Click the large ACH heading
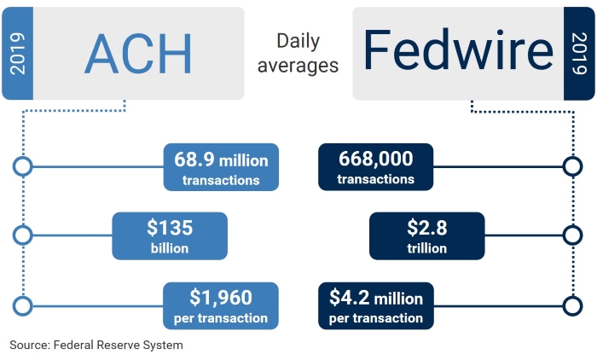click(x=138, y=54)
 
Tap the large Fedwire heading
click(x=458, y=49)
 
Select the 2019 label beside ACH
click(x=18, y=54)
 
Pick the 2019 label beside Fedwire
click(x=579, y=54)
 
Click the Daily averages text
click(x=298, y=54)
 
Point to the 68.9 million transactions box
click(x=221, y=167)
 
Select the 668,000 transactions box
click(x=376, y=167)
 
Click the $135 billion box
click(x=170, y=236)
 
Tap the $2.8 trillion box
click(x=426, y=236)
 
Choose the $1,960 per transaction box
click(x=221, y=306)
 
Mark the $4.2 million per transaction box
click(x=376, y=306)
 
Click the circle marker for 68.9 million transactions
click(x=23, y=166)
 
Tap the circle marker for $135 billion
click(x=23, y=235)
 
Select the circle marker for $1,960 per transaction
click(x=23, y=306)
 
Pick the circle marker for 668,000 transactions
click(x=572, y=166)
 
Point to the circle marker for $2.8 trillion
click(x=572, y=235)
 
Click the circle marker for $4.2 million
click(x=572, y=306)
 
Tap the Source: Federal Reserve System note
click(x=96, y=345)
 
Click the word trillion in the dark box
click(x=426, y=248)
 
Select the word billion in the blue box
click(x=170, y=248)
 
